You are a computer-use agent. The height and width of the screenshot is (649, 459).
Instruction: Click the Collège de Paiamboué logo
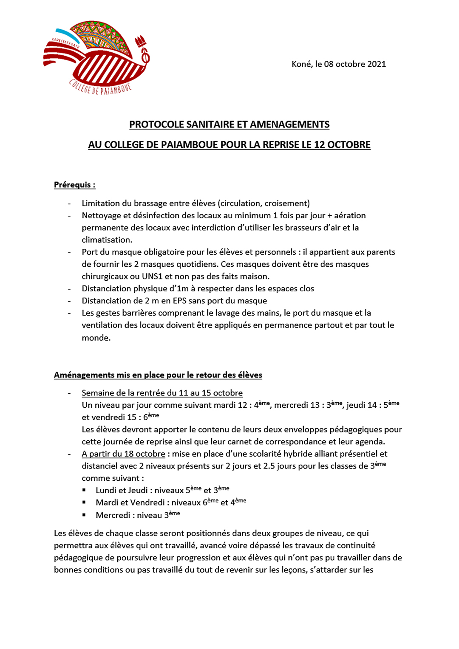point(97,57)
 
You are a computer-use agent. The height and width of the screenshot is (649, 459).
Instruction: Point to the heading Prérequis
point(74,185)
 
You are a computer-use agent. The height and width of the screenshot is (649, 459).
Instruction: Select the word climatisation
point(107,240)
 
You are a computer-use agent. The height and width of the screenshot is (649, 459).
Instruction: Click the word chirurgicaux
point(105,277)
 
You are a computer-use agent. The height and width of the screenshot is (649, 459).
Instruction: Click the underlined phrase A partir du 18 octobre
point(123,454)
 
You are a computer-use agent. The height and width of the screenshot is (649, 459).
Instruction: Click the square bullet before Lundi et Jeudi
point(84,490)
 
